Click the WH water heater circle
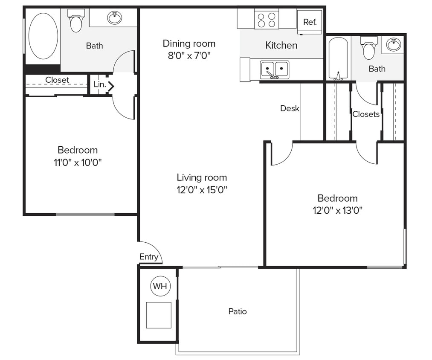[x=160, y=286]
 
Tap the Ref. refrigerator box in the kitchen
[x=310, y=22]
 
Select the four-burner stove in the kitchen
[x=267, y=19]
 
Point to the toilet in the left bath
[x=76, y=21]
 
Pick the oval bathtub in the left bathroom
[x=43, y=36]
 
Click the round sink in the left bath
[x=114, y=17]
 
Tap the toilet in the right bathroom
[x=369, y=48]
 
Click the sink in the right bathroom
[x=393, y=44]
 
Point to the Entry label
[x=149, y=257]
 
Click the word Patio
[x=238, y=311]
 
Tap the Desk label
[x=290, y=108]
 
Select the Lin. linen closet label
[x=99, y=84]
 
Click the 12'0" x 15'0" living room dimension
[x=202, y=190]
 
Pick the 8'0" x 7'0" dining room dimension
[x=189, y=55]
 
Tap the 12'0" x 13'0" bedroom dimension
[x=337, y=210]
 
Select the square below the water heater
[x=159, y=315]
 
